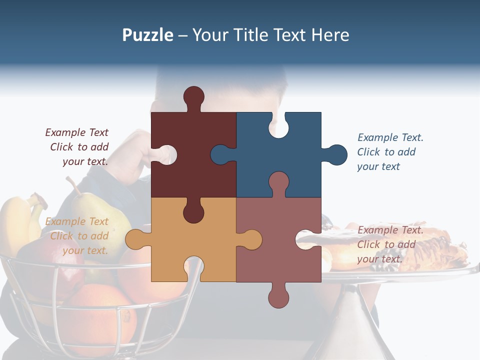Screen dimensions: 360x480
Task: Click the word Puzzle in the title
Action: coord(147,35)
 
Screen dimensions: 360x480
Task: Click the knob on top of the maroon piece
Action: coord(193,96)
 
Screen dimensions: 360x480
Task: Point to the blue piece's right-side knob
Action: coord(336,154)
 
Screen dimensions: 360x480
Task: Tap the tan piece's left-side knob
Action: coord(135,239)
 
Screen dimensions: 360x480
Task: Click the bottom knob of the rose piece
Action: coord(278,296)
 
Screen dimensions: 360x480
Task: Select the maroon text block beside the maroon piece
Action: coord(77,147)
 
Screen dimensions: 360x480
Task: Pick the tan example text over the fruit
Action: coord(77,236)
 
